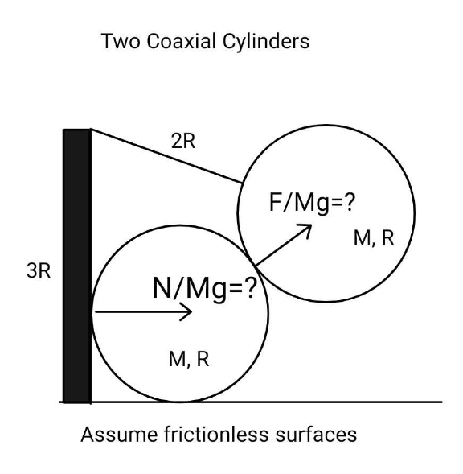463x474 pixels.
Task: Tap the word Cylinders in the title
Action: pos(266,42)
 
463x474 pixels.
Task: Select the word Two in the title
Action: pos(121,41)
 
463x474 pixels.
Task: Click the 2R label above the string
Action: pos(183,141)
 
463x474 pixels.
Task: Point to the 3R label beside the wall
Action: pos(39,270)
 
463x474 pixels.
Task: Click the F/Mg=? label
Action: pos(312,203)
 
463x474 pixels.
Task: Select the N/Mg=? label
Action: pos(205,288)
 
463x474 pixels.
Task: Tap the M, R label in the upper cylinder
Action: pos(374,238)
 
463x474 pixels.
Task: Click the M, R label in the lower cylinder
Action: pos(189,360)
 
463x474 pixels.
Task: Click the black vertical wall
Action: pos(77,266)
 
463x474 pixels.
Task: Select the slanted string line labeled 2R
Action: pos(166,156)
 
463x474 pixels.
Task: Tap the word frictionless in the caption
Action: pos(216,435)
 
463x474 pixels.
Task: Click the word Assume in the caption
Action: pos(119,435)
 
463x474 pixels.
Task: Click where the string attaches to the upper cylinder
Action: pos(242,183)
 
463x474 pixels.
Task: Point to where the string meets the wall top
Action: pos(91,129)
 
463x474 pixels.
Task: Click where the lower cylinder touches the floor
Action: pos(180,402)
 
